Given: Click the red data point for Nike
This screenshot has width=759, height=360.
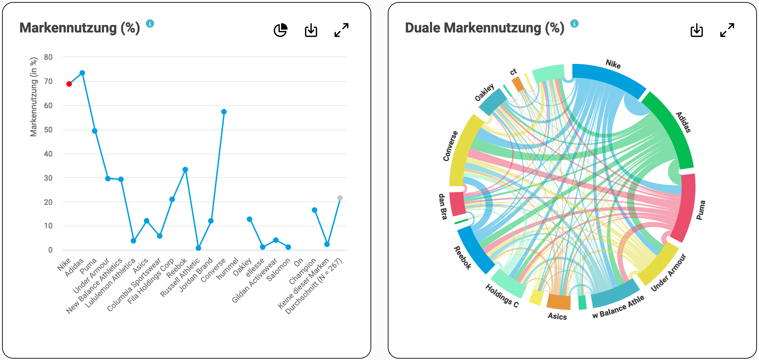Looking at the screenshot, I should click(69, 84).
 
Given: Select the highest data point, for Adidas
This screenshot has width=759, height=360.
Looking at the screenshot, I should click(82, 73).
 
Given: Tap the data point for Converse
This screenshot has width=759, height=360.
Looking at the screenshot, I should click(224, 112).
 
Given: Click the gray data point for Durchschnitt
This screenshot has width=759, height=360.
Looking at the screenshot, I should click(340, 198).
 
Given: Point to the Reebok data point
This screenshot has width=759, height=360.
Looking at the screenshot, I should click(185, 170).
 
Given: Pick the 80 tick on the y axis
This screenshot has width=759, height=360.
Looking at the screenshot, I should click(48, 57).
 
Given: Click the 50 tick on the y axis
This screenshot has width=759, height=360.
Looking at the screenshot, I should click(48, 130).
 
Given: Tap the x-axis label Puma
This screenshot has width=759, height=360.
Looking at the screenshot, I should click(88, 266).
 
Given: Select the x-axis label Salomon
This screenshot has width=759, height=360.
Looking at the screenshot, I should click(279, 270).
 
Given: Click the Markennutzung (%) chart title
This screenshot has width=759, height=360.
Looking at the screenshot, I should click(79, 28).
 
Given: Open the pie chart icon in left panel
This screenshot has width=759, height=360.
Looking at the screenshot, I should click(280, 30).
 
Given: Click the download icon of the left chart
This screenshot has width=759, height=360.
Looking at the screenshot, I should click(311, 30).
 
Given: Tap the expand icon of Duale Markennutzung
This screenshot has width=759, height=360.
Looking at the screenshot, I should click(727, 30).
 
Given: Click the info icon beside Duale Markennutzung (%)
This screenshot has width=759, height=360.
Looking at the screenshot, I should click(574, 23).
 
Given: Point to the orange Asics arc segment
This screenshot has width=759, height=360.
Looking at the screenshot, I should click(559, 302).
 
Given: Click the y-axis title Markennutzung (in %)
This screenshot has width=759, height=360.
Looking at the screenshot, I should click(34, 97).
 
